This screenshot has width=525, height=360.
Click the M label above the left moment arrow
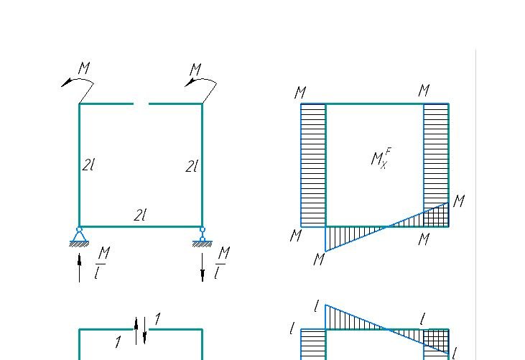pyautogui.click(x=84, y=68)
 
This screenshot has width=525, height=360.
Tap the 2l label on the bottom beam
pyautogui.click(x=140, y=215)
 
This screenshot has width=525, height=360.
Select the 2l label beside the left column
pyautogui.click(x=88, y=165)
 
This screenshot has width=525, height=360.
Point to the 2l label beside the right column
pyautogui.click(x=192, y=167)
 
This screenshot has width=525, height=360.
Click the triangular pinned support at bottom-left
pyautogui.click(x=79, y=236)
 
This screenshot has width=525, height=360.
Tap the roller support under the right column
pyautogui.click(x=203, y=236)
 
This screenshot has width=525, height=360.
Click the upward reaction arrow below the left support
pyautogui.click(x=79, y=267)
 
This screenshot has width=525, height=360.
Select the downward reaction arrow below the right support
pyautogui.click(x=203, y=267)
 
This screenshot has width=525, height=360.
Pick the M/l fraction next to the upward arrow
pyautogui.click(x=102, y=263)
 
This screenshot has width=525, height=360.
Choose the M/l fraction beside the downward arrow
pyautogui.click(x=222, y=263)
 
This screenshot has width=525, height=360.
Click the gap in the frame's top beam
pyautogui.click(x=141, y=103)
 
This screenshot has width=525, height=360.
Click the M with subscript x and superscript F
pyautogui.click(x=381, y=158)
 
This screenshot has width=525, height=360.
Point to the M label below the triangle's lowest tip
pyautogui.click(x=319, y=259)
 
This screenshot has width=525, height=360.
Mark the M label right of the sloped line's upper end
pyautogui.click(x=459, y=201)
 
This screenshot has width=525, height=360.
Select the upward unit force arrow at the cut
pyautogui.click(x=136, y=331)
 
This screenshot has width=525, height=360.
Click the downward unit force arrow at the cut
pyautogui.click(x=144, y=331)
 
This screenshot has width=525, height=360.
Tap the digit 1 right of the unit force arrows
pyautogui.click(x=157, y=319)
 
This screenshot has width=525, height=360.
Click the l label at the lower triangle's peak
pyautogui.click(x=317, y=306)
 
